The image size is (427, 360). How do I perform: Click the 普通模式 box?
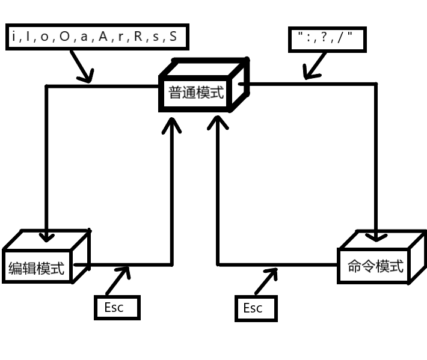coord(196,93)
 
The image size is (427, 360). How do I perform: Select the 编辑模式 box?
coord(37,268)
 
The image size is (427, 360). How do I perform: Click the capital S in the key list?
coord(173,37)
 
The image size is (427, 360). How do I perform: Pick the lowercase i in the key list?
coord(13,37)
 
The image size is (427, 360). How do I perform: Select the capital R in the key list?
coord(138,37)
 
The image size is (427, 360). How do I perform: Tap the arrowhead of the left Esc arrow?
coord(125,271)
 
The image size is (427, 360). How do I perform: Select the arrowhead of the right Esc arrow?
coord(273,272)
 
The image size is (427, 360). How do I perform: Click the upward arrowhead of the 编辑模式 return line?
coord(173,124)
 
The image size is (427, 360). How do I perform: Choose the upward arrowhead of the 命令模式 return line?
coord(217,122)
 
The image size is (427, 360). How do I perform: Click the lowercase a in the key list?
coord(84,37)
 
